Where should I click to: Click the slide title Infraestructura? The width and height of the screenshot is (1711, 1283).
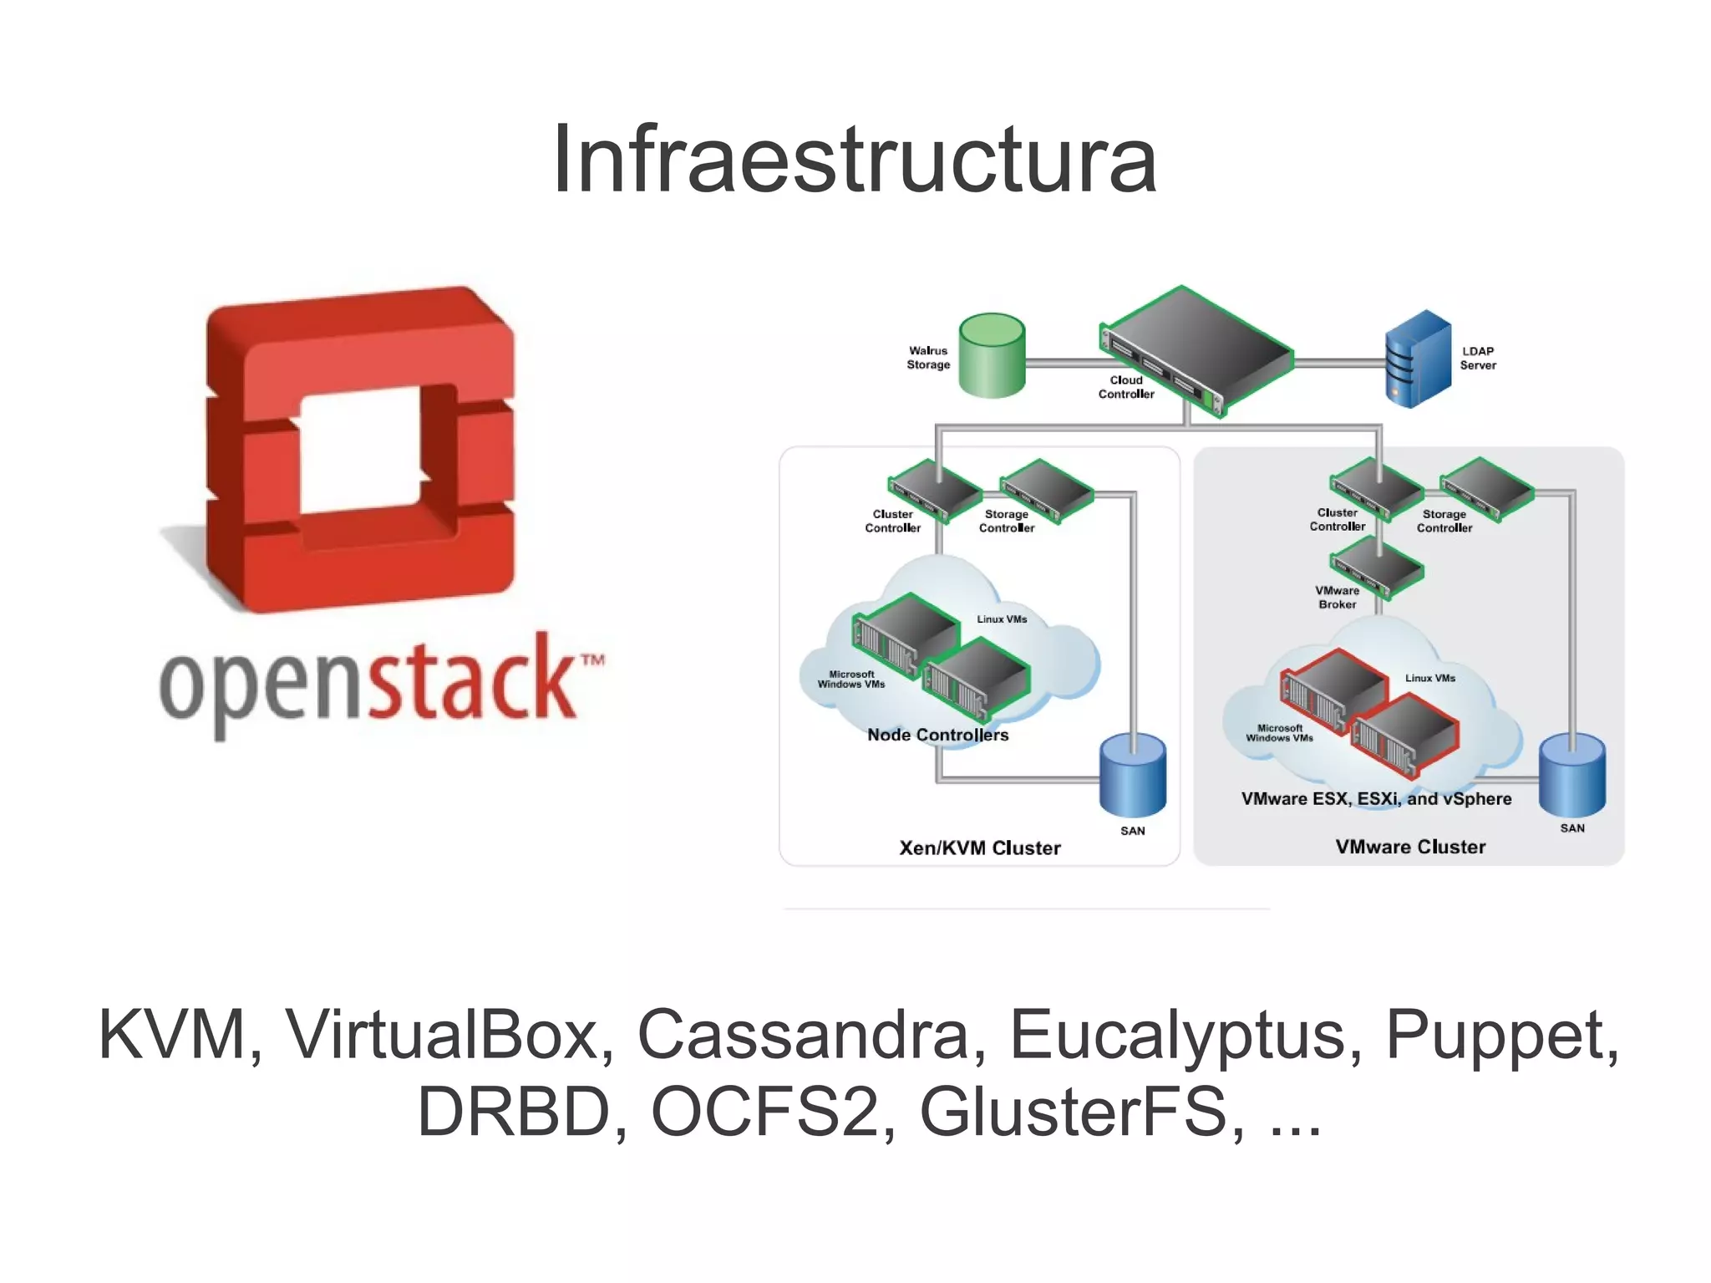(854, 159)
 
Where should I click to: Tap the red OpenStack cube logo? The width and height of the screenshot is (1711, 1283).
(359, 451)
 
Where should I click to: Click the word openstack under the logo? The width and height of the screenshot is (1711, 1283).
(368, 681)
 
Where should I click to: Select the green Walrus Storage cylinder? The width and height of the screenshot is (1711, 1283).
(992, 355)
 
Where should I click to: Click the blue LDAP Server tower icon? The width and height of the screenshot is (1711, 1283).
(1418, 359)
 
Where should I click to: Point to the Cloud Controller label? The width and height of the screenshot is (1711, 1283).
(1125, 387)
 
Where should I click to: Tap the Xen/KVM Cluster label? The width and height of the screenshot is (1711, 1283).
(979, 848)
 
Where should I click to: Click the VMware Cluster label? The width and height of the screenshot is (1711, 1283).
(1410, 847)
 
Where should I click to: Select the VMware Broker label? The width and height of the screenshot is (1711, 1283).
(1337, 597)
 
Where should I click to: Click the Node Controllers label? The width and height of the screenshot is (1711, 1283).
(937, 735)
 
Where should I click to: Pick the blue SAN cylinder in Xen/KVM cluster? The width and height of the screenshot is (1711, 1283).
(1132, 775)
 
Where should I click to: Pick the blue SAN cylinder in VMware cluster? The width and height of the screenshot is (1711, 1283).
(1571, 774)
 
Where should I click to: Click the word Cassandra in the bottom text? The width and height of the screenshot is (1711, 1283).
(802, 1035)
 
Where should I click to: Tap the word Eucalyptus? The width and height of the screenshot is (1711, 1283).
(1177, 1035)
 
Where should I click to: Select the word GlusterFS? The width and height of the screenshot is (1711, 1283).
(1073, 1112)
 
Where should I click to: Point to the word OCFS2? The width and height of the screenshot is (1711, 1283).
(764, 1112)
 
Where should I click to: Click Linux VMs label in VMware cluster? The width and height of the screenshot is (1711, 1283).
(1429, 678)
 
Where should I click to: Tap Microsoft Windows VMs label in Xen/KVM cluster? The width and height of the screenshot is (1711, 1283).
(850, 679)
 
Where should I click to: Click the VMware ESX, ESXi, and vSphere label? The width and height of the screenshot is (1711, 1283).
(1376, 798)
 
